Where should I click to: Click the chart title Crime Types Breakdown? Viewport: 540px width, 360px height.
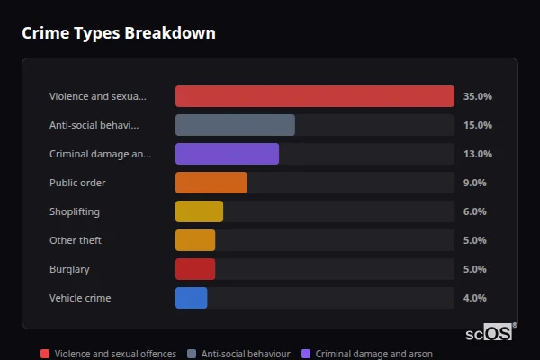(x=118, y=33)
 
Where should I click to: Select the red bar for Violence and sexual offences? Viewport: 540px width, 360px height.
(x=314, y=96)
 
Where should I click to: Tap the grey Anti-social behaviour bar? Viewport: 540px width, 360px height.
(x=235, y=125)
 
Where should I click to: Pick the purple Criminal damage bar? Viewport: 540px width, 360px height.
(x=227, y=154)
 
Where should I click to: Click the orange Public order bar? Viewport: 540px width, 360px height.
(x=211, y=183)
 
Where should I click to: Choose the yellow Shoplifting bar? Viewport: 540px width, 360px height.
(x=199, y=211)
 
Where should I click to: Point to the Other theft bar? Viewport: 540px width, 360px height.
(x=195, y=240)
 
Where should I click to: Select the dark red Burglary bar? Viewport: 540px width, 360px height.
(x=195, y=269)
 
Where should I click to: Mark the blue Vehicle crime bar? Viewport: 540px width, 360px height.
(x=191, y=298)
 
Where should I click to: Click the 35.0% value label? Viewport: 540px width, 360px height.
(x=477, y=96)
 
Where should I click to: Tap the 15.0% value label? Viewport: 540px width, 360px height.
(x=477, y=125)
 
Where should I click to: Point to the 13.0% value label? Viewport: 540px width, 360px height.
(x=477, y=154)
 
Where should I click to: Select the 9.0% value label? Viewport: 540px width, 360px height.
(x=474, y=183)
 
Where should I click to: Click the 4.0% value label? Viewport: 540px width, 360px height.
(x=474, y=298)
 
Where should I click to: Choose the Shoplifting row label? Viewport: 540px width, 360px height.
(x=75, y=211)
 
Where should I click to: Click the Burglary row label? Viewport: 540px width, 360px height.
(x=69, y=269)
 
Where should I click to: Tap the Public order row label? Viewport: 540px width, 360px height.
(x=77, y=183)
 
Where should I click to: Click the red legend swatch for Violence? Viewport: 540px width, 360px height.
(x=45, y=354)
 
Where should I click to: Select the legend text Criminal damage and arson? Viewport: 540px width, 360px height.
(x=374, y=354)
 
